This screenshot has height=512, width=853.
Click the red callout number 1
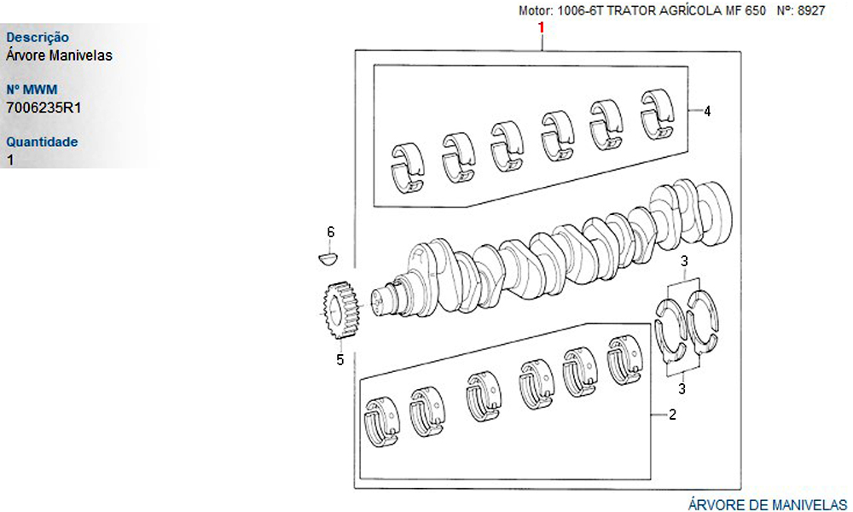pyautogui.click(x=541, y=28)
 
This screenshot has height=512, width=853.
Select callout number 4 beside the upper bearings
pyautogui.click(x=708, y=111)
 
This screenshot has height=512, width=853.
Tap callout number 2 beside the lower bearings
pyautogui.click(x=673, y=416)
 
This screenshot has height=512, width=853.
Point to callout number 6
pyautogui.click(x=331, y=232)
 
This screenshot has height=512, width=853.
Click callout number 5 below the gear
pyautogui.click(x=339, y=360)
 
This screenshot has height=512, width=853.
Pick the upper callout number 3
pyautogui.click(x=684, y=261)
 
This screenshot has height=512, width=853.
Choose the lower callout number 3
pyautogui.click(x=682, y=390)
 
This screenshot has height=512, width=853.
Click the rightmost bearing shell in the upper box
pyautogui.click(x=657, y=113)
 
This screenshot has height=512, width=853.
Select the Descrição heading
pyautogui.click(x=38, y=38)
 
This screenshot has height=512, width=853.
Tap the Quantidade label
pyautogui.click(x=42, y=142)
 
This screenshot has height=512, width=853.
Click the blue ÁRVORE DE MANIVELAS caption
pyautogui.click(x=767, y=503)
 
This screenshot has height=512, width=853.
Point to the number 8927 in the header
pyautogui.click(x=810, y=11)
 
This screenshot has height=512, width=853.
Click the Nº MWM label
pyautogui.click(x=32, y=90)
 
